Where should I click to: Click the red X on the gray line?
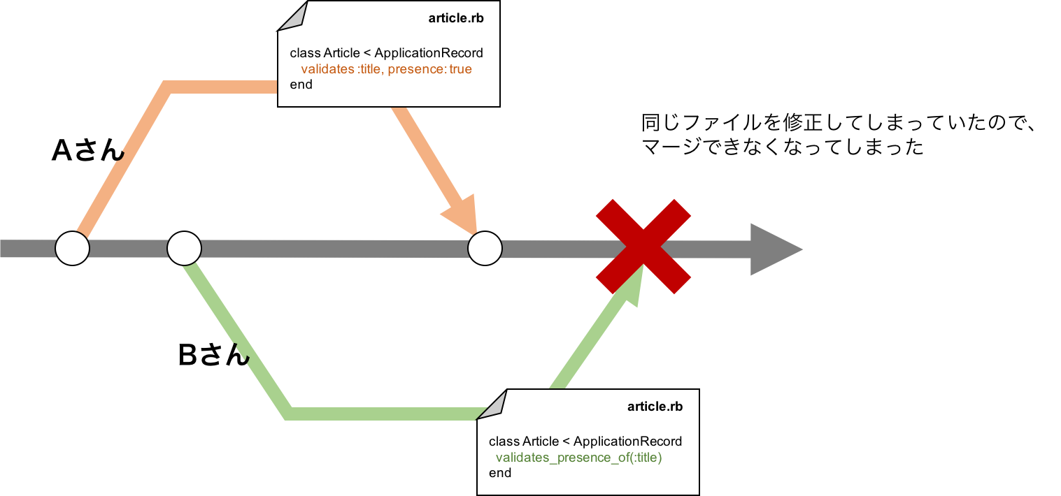pyautogui.click(x=643, y=246)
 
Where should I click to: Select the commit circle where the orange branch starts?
pyautogui.click(x=73, y=249)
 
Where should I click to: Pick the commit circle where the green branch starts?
pyautogui.click(x=184, y=249)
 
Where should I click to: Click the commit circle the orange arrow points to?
pyautogui.click(x=485, y=249)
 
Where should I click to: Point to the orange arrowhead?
pyautogui.click(x=462, y=212)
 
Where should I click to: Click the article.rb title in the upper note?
pyautogui.click(x=456, y=18)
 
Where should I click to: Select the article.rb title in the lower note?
pyautogui.click(x=655, y=407)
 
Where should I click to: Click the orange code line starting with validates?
pyautogui.click(x=386, y=69)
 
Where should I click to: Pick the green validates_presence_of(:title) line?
pyautogui.click(x=578, y=458)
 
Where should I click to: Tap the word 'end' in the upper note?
pyautogui.click(x=301, y=85)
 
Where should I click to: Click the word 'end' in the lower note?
pyautogui.click(x=499, y=473)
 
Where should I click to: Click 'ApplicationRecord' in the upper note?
pyautogui.click(x=429, y=53)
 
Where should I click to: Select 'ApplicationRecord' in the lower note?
pyautogui.click(x=627, y=442)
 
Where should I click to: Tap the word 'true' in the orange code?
pyautogui.click(x=460, y=69)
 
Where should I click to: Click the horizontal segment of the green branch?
pyautogui.click(x=385, y=414)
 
